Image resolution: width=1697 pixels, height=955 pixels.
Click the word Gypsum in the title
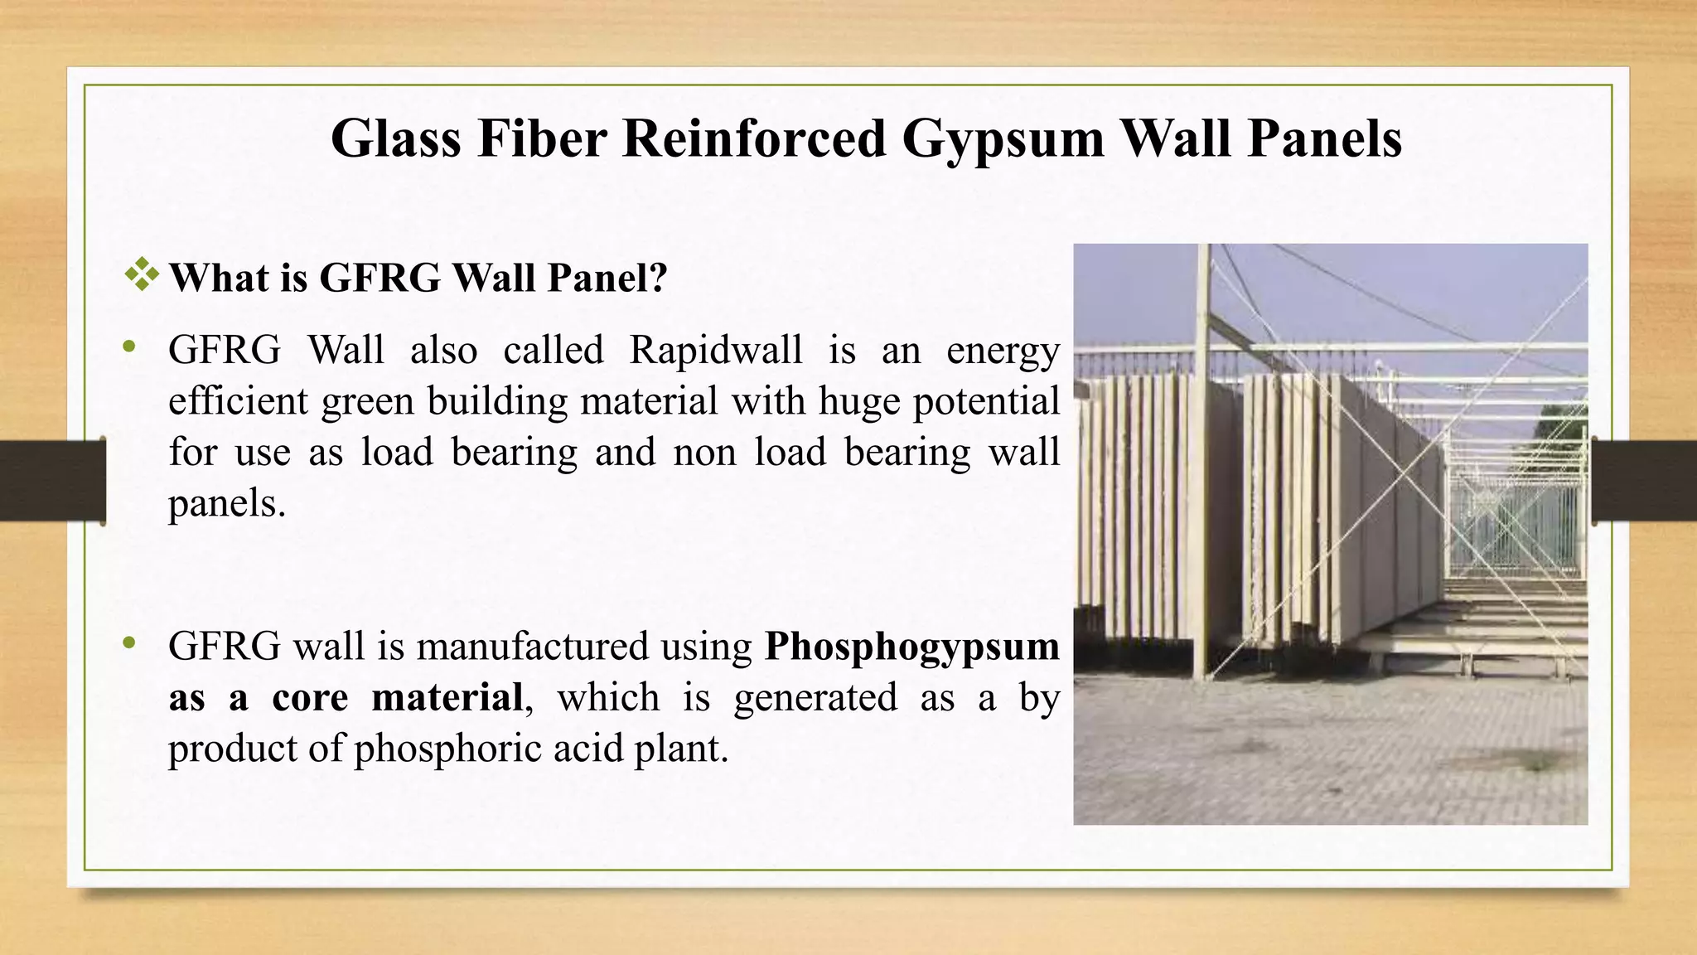1002,138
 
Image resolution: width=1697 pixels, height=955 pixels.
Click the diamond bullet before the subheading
142,274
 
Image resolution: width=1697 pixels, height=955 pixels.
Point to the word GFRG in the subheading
380,278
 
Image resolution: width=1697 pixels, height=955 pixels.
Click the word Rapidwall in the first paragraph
716,350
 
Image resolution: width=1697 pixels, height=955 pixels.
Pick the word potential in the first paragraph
986,402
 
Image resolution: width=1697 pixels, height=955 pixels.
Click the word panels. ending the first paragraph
227,503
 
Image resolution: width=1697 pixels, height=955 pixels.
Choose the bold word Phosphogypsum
911,647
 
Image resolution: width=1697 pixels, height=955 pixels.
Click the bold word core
310,697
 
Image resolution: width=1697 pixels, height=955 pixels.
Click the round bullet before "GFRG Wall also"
128,347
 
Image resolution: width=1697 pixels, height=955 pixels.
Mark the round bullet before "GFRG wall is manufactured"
128,643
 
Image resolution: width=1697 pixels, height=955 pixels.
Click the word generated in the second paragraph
815,698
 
